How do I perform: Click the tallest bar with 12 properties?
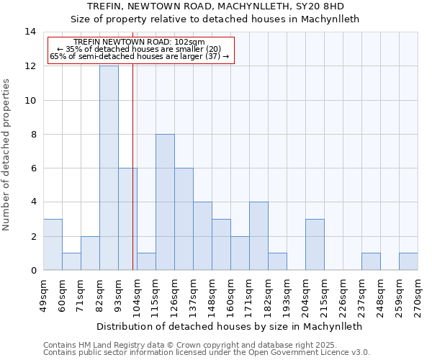click(x=109, y=168)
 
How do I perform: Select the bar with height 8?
click(x=165, y=202)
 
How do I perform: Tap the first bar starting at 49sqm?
click(x=53, y=245)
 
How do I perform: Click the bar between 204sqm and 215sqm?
click(x=315, y=245)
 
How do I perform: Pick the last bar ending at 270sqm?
click(x=408, y=262)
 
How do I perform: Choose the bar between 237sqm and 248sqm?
click(x=371, y=262)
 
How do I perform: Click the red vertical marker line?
click(x=133, y=180)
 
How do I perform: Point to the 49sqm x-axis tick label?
click(x=43, y=294)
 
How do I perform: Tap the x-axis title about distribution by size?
click(x=228, y=326)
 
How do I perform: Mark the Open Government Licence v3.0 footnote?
click(x=206, y=352)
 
